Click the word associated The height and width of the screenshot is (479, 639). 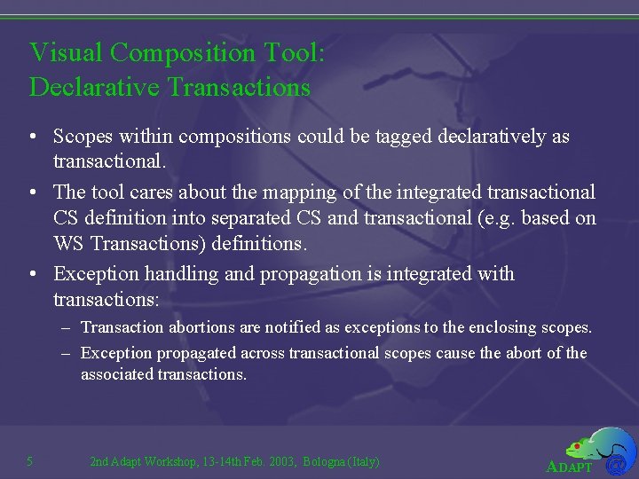coord(116,374)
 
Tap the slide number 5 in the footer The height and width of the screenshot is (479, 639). coord(30,461)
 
